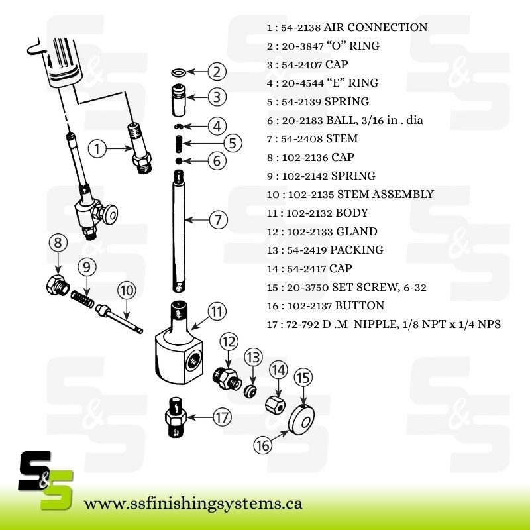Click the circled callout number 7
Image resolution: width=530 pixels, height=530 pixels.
(x=219, y=220)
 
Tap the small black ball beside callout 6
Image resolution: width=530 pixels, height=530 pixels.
(x=179, y=160)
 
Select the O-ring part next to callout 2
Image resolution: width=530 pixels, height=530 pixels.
(x=178, y=72)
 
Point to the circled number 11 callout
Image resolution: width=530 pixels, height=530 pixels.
(x=217, y=311)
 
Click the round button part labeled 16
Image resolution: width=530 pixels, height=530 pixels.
(x=301, y=419)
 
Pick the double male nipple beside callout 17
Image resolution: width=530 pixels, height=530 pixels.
(x=176, y=417)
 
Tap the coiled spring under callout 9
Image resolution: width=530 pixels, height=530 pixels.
(x=82, y=299)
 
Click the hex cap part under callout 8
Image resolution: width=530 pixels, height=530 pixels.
(x=58, y=286)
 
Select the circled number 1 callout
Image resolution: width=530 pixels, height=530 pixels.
(x=97, y=148)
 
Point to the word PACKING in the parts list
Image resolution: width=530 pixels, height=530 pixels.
(x=356, y=250)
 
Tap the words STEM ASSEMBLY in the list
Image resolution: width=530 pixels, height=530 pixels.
(x=386, y=194)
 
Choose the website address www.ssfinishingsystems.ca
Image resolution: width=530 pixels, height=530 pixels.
(x=193, y=504)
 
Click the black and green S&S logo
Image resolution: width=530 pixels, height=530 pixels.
(x=46, y=480)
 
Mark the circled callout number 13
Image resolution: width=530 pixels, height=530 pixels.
(x=254, y=357)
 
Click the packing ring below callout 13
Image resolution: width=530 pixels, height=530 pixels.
(x=250, y=391)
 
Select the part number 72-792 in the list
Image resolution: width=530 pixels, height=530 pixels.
(x=303, y=325)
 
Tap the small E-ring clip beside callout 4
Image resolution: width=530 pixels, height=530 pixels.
(x=178, y=127)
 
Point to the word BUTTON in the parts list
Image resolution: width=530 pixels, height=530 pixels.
(x=359, y=305)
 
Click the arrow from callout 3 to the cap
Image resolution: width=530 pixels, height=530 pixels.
(x=197, y=97)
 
